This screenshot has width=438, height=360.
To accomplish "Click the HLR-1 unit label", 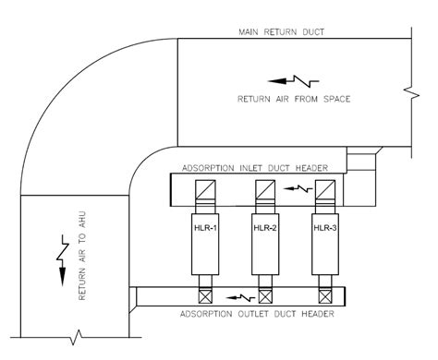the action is (x=205, y=228).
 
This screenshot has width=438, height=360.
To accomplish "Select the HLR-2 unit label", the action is (x=265, y=228).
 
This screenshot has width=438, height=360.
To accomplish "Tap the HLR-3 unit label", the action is (x=325, y=228).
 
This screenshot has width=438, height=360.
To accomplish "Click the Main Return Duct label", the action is (x=282, y=32).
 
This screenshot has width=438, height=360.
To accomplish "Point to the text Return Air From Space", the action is (x=294, y=99).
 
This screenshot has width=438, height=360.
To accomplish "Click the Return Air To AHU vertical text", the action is (x=82, y=256).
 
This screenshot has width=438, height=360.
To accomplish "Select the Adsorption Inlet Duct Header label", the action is (x=255, y=168).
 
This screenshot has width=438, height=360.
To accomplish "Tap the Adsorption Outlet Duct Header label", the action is (x=257, y=314).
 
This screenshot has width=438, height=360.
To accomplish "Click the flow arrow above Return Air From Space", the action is (x=293, y=81).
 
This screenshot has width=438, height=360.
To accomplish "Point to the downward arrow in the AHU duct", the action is (x=63, y=260).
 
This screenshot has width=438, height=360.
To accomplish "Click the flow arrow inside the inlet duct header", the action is (x=298, y=188).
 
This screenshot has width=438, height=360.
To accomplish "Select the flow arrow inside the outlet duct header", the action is (x=240, y=297).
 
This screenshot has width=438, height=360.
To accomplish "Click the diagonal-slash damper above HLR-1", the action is (x=205, y=189).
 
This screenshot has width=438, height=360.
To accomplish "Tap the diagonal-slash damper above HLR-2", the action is (x=265, y=189).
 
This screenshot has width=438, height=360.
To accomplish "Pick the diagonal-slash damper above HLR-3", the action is (x=325, y=189).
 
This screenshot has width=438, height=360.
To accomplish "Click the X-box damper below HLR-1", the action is (x=205, y=296).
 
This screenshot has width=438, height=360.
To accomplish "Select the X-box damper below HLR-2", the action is (x=265, y=296).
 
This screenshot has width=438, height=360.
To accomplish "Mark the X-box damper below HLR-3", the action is (x=325, y=296).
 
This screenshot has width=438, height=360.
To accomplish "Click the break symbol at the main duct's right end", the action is (x=412, y=92).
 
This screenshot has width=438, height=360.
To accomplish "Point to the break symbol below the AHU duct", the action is (x=76, y=338).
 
